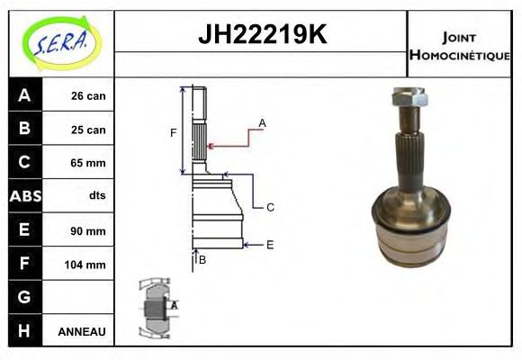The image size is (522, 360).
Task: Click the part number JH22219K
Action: click(261, 35)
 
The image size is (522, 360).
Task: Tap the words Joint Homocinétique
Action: click(459, 45)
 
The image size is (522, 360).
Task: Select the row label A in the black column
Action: click(23, 95)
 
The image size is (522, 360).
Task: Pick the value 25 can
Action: click(88, 130)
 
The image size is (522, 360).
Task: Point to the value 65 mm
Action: click(88, 163)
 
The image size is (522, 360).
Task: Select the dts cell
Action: click(96, 196)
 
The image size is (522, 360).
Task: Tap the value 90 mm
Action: click(88, 230)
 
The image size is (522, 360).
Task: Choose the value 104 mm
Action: click(87, 265)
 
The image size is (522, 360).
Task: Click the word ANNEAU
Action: click(82, 332)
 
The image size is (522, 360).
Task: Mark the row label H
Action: click(23, 331)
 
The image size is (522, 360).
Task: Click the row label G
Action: click(23, 297)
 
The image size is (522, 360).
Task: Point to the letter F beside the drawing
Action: click(173, 133)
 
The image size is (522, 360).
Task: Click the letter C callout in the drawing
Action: click(269, 207)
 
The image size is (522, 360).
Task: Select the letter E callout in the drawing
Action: click(269, 244)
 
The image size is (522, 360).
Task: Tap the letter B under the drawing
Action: click(202, 259)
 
